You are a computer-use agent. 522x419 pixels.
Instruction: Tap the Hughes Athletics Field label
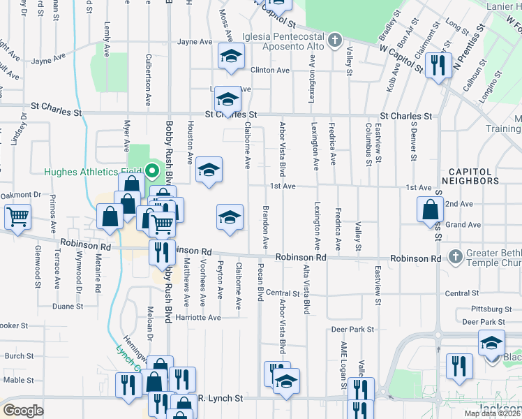pyautogui.click(x=92, y=172)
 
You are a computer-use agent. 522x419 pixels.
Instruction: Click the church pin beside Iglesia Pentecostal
pyautogui.click(x=334, y=39)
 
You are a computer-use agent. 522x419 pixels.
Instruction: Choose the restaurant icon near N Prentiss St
pyautogui.click(x=438, y=66)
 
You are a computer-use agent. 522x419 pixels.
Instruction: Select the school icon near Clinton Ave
pyautogui.click(x=230, y=57)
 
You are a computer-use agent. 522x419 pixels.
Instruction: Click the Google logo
pyautogui.click(x=22, y=411)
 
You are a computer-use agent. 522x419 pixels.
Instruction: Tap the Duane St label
pyautogui.click(x=68, y=306)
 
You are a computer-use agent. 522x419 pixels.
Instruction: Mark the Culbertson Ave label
pyautogui.click(x=148, y=80)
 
